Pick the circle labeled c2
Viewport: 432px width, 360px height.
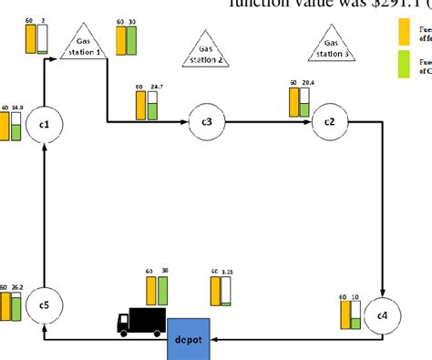329,121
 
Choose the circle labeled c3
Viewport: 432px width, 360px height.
206,121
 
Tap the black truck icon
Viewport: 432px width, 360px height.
141,321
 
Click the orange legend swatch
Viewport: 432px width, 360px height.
405,32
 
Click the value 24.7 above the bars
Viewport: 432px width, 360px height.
155,87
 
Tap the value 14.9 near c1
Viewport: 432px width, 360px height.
17,108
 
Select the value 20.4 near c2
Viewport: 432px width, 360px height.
308,82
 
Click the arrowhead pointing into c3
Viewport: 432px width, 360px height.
186,121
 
